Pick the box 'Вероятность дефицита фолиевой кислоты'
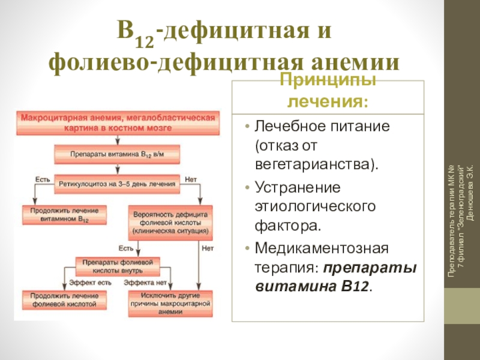[x=170, y=221]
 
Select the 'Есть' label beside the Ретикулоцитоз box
[x=41, y=179]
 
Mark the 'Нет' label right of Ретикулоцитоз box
[x=191, y=179]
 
